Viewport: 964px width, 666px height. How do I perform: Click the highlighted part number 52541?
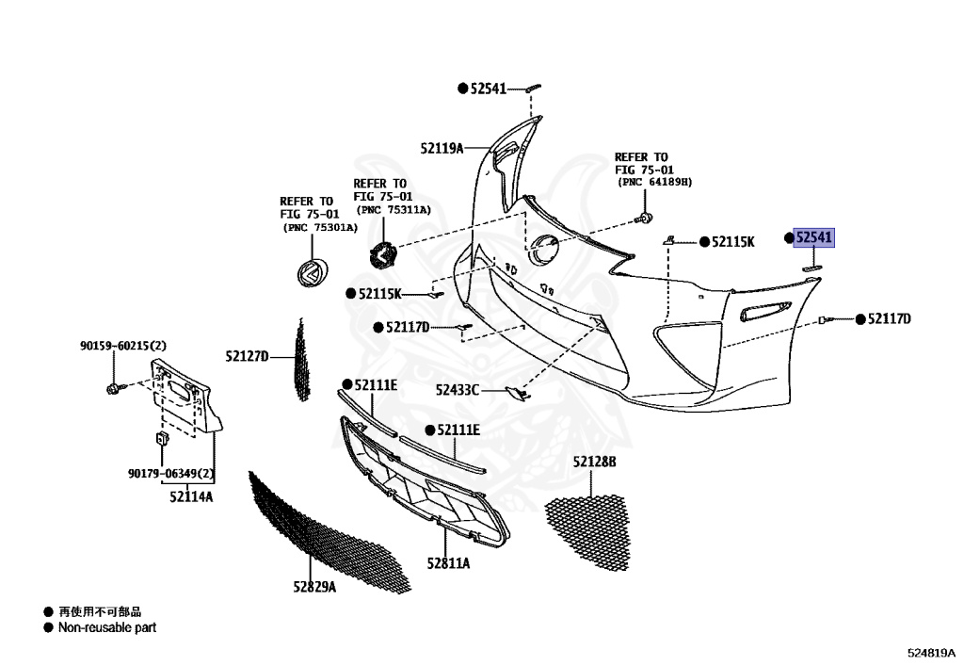[813, 239]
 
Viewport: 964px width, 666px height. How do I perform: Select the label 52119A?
[442, 148]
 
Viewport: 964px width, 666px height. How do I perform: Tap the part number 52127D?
[247, 356]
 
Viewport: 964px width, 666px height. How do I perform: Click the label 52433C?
[458, 389]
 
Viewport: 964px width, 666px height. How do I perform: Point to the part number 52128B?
[594, 462]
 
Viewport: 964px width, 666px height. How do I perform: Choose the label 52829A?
[314, 587]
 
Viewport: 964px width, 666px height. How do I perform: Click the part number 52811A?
[448, 563]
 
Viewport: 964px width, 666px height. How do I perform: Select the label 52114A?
[191, 496]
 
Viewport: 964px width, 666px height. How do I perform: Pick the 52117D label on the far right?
[889, 319]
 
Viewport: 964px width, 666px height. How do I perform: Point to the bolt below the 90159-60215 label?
[114, 387]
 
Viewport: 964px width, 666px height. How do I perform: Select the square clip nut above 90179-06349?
[161, 438]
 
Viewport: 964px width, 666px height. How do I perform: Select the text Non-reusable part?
[107, 627]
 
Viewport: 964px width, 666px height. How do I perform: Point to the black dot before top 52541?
[462, 89]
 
